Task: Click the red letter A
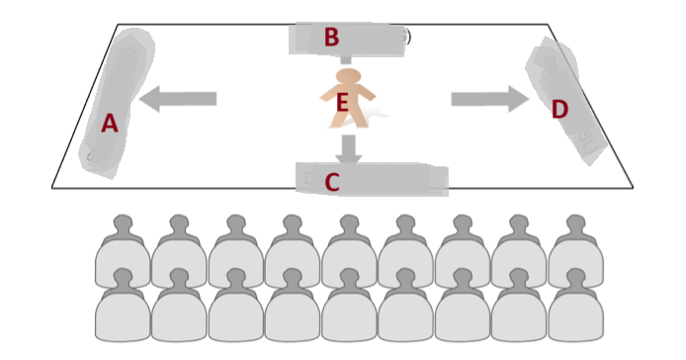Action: [x=110, y=123]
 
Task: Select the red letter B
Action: [x=331, y=37]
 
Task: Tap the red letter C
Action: [x=332, y=182]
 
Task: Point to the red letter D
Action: [x=559, y=109]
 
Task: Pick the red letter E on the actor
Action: [x=343, y=103]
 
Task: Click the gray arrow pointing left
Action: [x=177, y=99]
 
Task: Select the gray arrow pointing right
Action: [x=490, y=99]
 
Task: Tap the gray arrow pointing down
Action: [x=349, y=149]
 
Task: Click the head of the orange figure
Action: [x=349, y=76]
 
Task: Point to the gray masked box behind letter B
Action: [x=346, y=39]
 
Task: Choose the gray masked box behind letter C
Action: [x=372, y=179]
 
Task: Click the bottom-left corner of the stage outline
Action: [x=52, y=188]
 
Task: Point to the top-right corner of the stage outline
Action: [x=548, y=24]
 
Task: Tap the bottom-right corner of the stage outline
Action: [x=633, y=188]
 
